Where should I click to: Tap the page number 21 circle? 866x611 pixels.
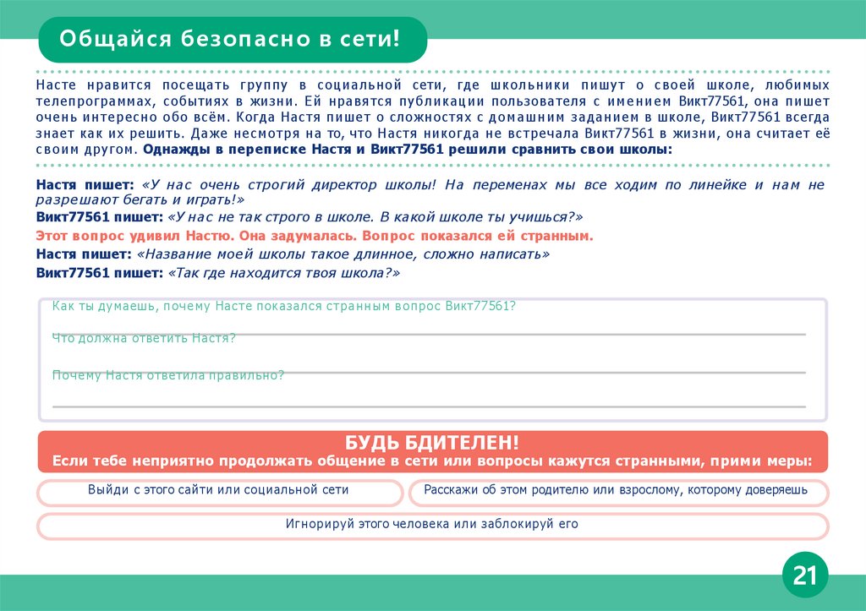click(x=804, y=576)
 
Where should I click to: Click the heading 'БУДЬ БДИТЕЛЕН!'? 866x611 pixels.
click(x=432, y=442)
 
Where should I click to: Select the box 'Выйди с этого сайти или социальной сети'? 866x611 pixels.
click(x=218, y=490)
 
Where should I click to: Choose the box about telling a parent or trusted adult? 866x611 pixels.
click(x=616, y=490)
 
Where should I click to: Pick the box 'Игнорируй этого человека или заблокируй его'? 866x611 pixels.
click(x=432, y=524)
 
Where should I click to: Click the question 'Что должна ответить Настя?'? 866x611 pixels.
click(x=144, y=338)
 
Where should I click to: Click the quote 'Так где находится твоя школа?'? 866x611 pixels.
click(x=284, y=274)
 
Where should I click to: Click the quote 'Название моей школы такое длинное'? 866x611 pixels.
click(x=343, y=254)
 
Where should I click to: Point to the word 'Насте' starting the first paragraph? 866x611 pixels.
click(x=54, y=86)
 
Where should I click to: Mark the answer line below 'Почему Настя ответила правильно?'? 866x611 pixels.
click(x=429, y=406)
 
